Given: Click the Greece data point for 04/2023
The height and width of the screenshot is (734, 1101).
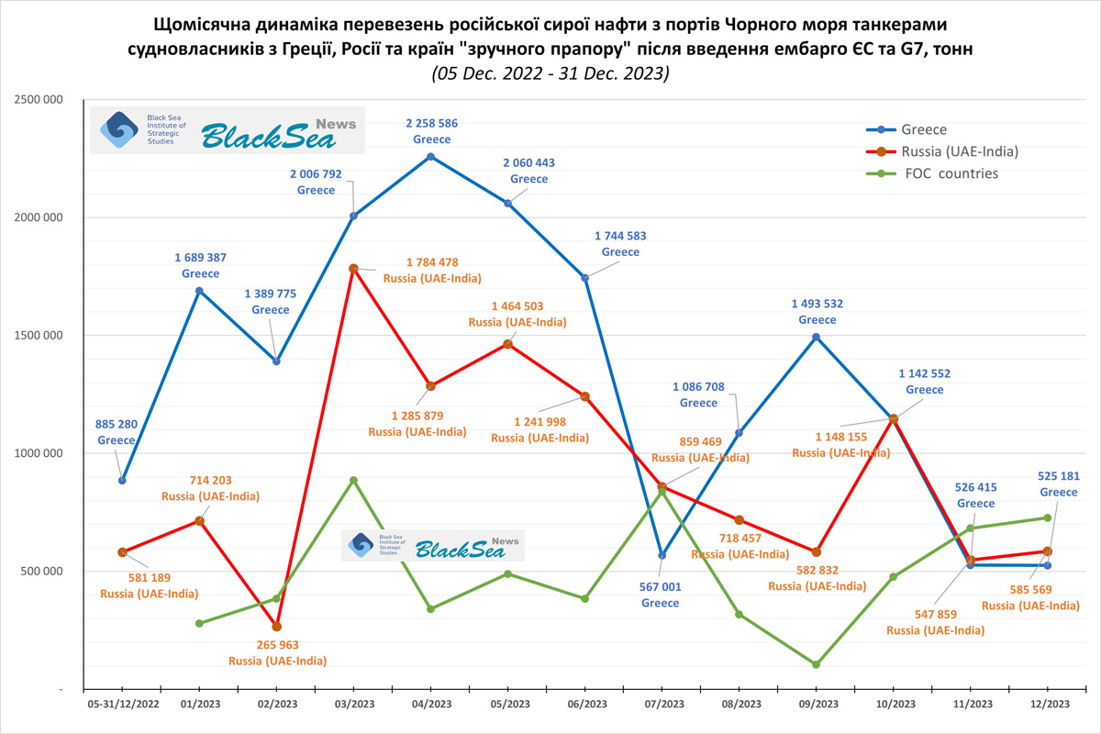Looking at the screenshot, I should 431,157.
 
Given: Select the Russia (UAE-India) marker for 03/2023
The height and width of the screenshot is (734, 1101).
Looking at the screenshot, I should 354,269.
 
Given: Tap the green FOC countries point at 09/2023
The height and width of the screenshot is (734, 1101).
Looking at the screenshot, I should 817,664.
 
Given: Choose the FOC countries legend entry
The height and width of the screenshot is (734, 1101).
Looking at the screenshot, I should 951,173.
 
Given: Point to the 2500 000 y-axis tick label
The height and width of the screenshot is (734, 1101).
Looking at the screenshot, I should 39,100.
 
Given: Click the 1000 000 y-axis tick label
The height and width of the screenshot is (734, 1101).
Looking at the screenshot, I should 39,453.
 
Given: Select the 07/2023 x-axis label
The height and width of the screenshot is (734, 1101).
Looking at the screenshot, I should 663,704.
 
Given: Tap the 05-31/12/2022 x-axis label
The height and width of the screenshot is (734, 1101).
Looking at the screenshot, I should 123,704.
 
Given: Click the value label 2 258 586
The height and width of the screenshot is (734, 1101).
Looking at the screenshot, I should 432,123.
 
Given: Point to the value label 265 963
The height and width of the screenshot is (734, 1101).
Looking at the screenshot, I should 277,645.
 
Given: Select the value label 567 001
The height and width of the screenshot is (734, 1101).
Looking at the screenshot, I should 661,587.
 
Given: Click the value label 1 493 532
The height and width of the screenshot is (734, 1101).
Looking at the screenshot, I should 817,304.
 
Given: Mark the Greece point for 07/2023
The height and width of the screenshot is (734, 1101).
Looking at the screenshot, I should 662,555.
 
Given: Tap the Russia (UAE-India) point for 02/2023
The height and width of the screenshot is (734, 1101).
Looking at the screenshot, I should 277,627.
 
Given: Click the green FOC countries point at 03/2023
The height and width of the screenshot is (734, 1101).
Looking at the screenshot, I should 354,480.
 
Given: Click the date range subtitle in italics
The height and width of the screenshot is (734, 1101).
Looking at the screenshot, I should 550,73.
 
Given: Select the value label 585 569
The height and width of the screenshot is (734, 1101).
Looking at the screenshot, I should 1030,590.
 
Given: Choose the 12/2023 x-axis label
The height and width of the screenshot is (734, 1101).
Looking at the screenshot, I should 1048,704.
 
